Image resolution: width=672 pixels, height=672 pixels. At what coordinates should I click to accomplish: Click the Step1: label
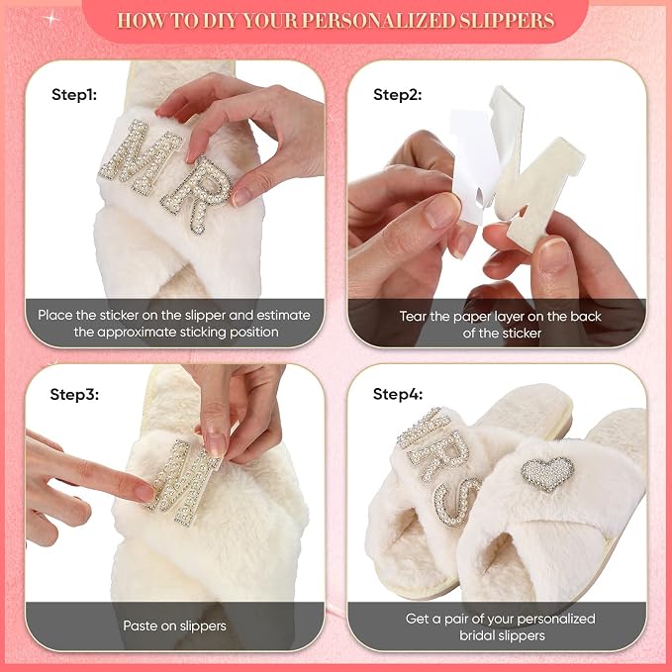(x=74, y=94)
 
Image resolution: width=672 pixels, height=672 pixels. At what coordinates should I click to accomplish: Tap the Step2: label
(x=397, y=94)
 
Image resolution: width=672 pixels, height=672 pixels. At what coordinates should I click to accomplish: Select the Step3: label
(x=74, y=394)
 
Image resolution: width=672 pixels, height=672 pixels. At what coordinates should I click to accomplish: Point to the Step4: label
(x=398, y=394)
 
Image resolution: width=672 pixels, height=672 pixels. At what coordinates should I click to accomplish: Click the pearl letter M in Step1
(x=140, y=156)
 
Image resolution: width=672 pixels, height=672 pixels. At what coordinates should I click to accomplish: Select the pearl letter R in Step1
(x=198, y=194)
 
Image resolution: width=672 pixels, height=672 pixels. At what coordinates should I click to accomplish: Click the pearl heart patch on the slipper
(x=547, y=473)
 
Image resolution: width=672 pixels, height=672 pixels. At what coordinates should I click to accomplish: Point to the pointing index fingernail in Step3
(x=144, y=493)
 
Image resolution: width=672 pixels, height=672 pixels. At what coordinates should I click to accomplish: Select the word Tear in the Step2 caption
(x=413, y=317)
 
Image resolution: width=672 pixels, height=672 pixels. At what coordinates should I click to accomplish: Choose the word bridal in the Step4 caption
(x=477, y=635)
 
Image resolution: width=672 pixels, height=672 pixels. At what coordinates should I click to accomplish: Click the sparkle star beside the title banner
(x=51, y=19)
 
